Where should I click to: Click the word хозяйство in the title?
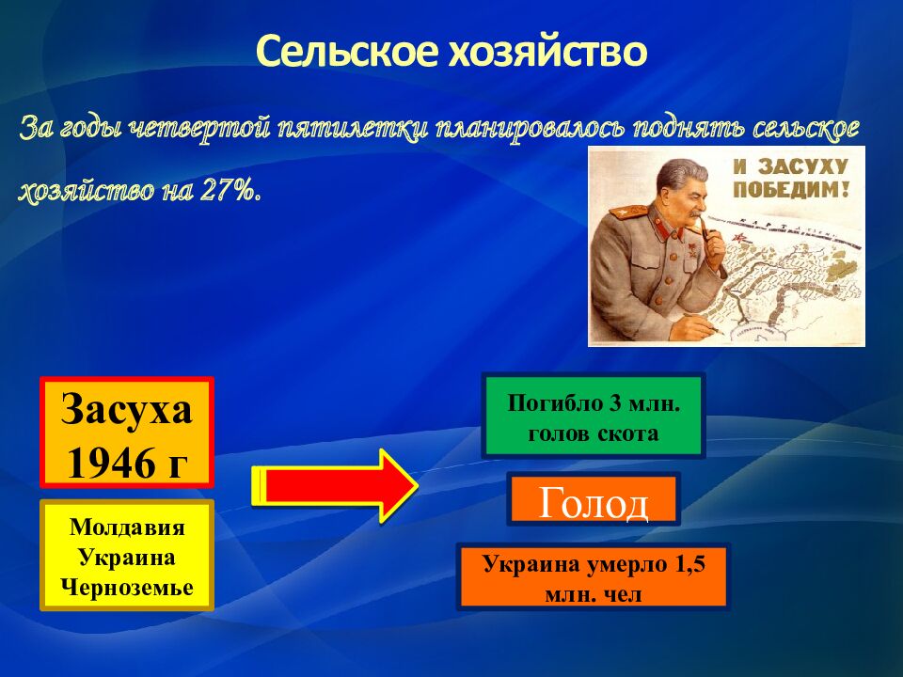tap(547, 51)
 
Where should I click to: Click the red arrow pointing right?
tap(335, 486)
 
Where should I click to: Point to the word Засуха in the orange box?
tap(127, 409)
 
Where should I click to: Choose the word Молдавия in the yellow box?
tap(127, 527)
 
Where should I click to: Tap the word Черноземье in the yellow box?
tap(127, 587)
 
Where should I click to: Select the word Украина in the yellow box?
tap(127, 558)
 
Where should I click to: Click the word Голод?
tap(594, 502)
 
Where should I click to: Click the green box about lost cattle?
tap(594, 416)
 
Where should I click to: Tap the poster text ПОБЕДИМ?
tap(791, 189)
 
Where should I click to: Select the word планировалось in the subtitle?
tap(530, 128)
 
